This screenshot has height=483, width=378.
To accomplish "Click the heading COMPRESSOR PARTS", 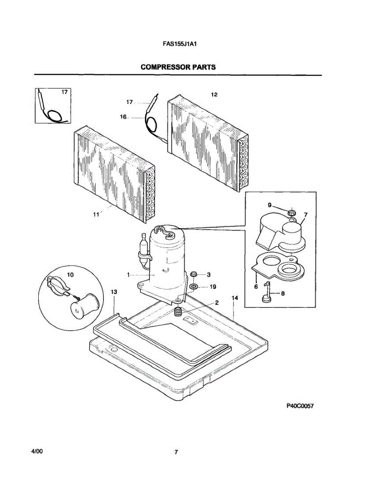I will tap(178, 67).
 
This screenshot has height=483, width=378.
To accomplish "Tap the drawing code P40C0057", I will tap(300, 406).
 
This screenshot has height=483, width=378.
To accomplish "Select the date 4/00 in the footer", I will tap(37, 452).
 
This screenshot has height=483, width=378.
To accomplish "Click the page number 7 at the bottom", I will tap(176, 452).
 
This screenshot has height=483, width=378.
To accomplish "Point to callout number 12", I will tap(214, 95).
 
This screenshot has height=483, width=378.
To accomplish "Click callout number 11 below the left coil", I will tap(96, 215).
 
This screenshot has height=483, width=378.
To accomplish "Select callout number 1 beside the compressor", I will tap(128, 275).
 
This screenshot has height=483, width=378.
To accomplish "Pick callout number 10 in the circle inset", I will tap(70, 275).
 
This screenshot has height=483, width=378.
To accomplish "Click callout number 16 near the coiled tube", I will tap(123, 117).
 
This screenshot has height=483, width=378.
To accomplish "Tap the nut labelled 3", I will tap(194, 275).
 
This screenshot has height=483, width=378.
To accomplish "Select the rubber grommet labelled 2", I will tap(177, 311).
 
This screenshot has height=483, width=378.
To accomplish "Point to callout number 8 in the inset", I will tap(283, 293).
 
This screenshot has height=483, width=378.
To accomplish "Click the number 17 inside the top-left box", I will tap(64, 92).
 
